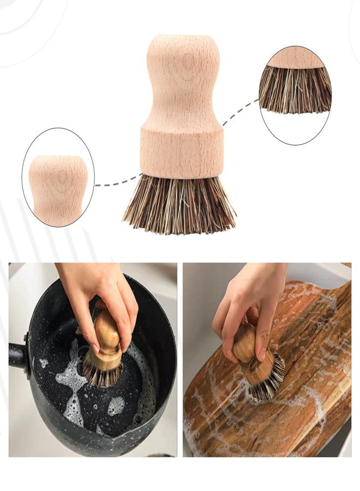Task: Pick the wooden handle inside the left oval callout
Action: click(58, 188)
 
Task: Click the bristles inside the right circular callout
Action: click(295, 90)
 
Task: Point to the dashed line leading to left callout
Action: click(117, 183)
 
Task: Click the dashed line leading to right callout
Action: click(240, 112)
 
